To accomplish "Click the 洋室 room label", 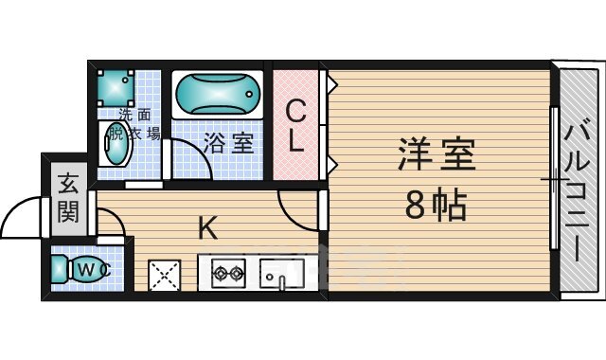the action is pos(437,154).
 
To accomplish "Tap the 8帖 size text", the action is pos(436,205).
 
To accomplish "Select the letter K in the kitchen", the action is pos(207,227).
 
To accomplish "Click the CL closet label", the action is pos(295,126).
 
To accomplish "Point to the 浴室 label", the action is pos(228,143).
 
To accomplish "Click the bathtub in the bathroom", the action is pos(217,95).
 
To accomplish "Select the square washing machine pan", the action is pos(116,88).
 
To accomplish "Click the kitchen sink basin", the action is pos(282,274).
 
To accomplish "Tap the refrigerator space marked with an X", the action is pos(165,276).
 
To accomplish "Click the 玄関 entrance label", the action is pos(68,198).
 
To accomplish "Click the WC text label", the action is pos(94,269).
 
